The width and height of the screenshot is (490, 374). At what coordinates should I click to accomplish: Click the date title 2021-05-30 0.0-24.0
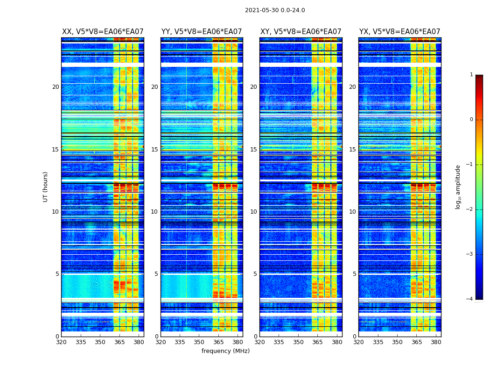click(275, 10)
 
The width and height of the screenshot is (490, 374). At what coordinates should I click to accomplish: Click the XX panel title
click(103, 32)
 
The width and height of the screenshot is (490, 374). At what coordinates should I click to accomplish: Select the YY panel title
click(202, 32)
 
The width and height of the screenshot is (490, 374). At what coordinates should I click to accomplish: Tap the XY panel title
click(301, 32)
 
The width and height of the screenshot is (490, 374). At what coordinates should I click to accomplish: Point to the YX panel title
click(399, 32)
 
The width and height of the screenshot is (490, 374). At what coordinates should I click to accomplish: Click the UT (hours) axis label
click(46, 187)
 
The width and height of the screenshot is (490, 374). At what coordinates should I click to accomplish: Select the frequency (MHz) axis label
click(225, 351)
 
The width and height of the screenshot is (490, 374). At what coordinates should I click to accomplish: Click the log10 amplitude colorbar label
click(458, 187)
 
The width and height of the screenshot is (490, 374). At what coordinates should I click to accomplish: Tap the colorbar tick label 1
click(471, 75)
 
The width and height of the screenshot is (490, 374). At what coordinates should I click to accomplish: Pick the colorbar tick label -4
click(470, 299)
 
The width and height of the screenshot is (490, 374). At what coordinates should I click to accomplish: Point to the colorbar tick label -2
click(470, 209)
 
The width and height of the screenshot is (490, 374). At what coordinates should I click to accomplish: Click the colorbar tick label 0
click(471, 120)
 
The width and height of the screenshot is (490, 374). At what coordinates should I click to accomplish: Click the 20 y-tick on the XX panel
click(56, 87)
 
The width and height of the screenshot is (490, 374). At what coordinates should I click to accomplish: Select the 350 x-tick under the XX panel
click(100, 342)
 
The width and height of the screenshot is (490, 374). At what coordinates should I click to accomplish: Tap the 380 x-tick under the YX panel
click(436, 342)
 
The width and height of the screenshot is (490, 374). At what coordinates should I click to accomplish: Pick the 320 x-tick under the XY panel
click(259, 342)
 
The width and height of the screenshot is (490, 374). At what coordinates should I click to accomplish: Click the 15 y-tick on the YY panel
click(154, 150)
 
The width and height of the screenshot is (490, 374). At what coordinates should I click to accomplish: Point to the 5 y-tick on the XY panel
click(255, 274)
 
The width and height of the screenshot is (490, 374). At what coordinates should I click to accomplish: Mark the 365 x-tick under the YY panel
click(218, 342)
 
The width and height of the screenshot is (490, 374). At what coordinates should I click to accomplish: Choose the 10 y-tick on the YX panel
click(352, 212)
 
